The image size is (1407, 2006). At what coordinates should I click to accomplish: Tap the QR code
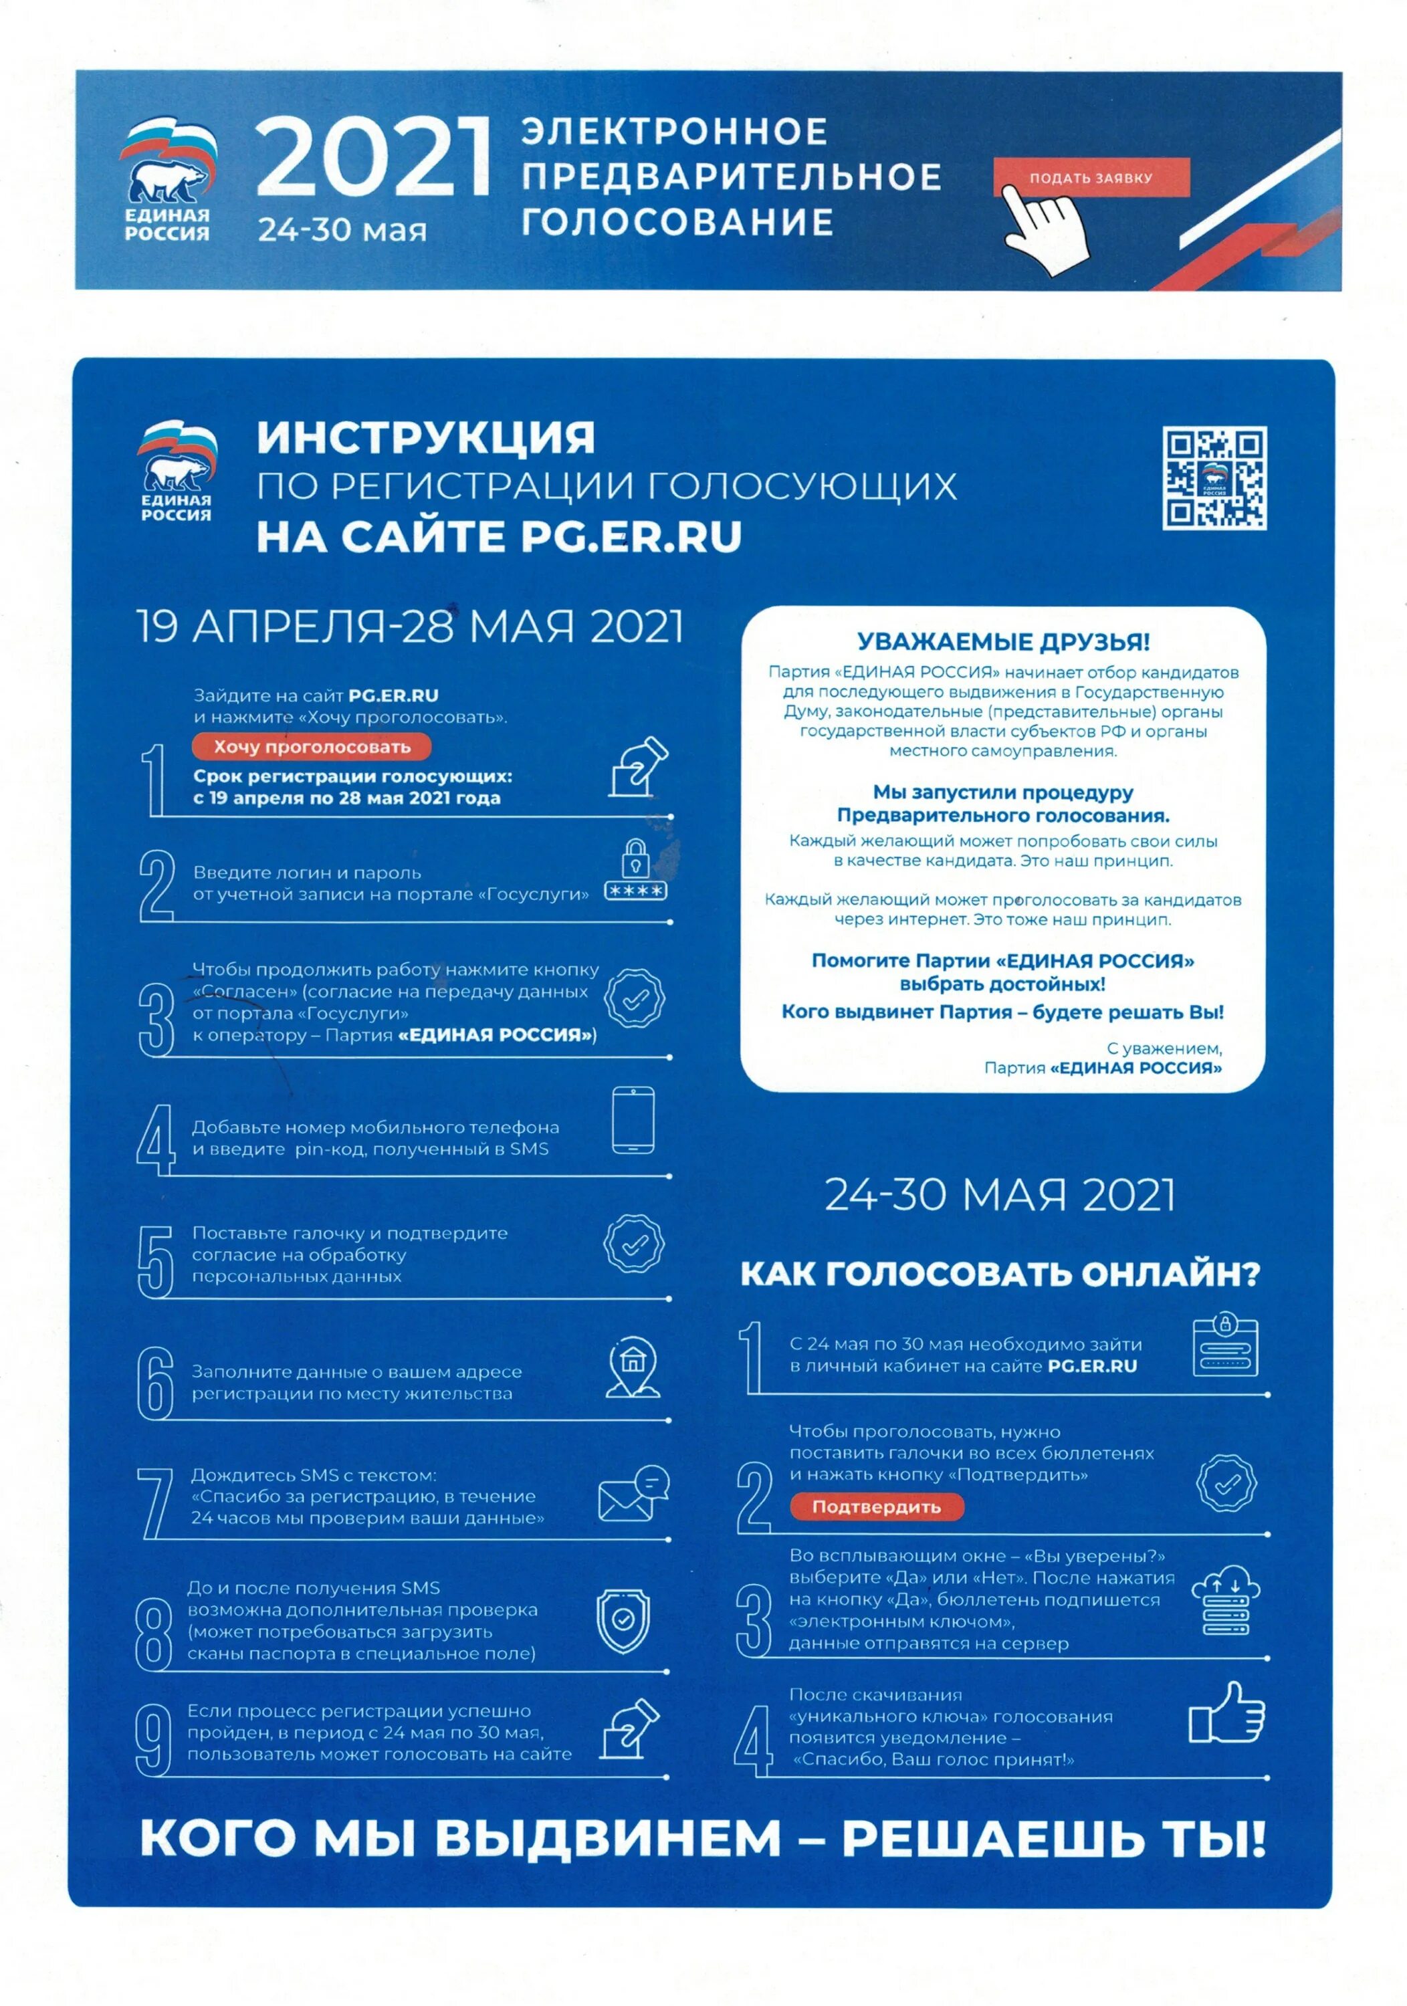1214,478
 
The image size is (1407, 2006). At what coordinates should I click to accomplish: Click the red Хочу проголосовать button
312,746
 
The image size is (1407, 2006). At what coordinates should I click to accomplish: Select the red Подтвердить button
877,1507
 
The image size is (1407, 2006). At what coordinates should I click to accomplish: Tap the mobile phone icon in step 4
633,1120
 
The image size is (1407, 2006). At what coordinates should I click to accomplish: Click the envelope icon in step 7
633,1493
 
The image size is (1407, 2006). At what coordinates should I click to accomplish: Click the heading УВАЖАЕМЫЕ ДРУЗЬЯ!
1003,642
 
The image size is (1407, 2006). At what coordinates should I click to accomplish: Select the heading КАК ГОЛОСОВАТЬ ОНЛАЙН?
1000,1274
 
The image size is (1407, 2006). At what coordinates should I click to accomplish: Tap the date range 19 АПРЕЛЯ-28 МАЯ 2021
410,627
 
